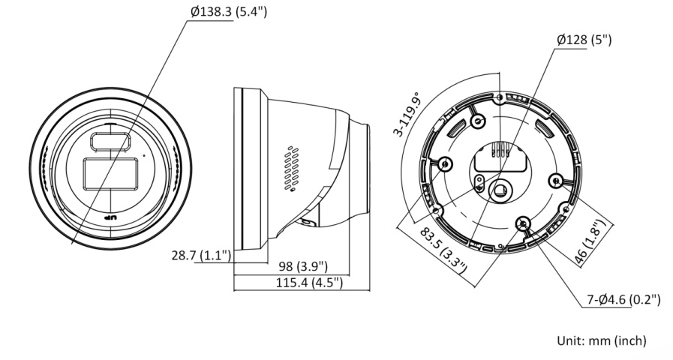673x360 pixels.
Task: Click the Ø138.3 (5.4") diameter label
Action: point(229,11)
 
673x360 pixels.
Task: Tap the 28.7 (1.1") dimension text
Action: point(201,256)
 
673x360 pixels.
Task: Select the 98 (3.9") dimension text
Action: point(303,266)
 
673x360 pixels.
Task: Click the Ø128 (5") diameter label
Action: point(584,40)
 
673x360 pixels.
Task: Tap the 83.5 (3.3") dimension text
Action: point(443,250)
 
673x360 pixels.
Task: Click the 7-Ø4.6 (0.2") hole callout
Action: point(623,300)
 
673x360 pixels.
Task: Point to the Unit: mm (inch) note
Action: point(601,340)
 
